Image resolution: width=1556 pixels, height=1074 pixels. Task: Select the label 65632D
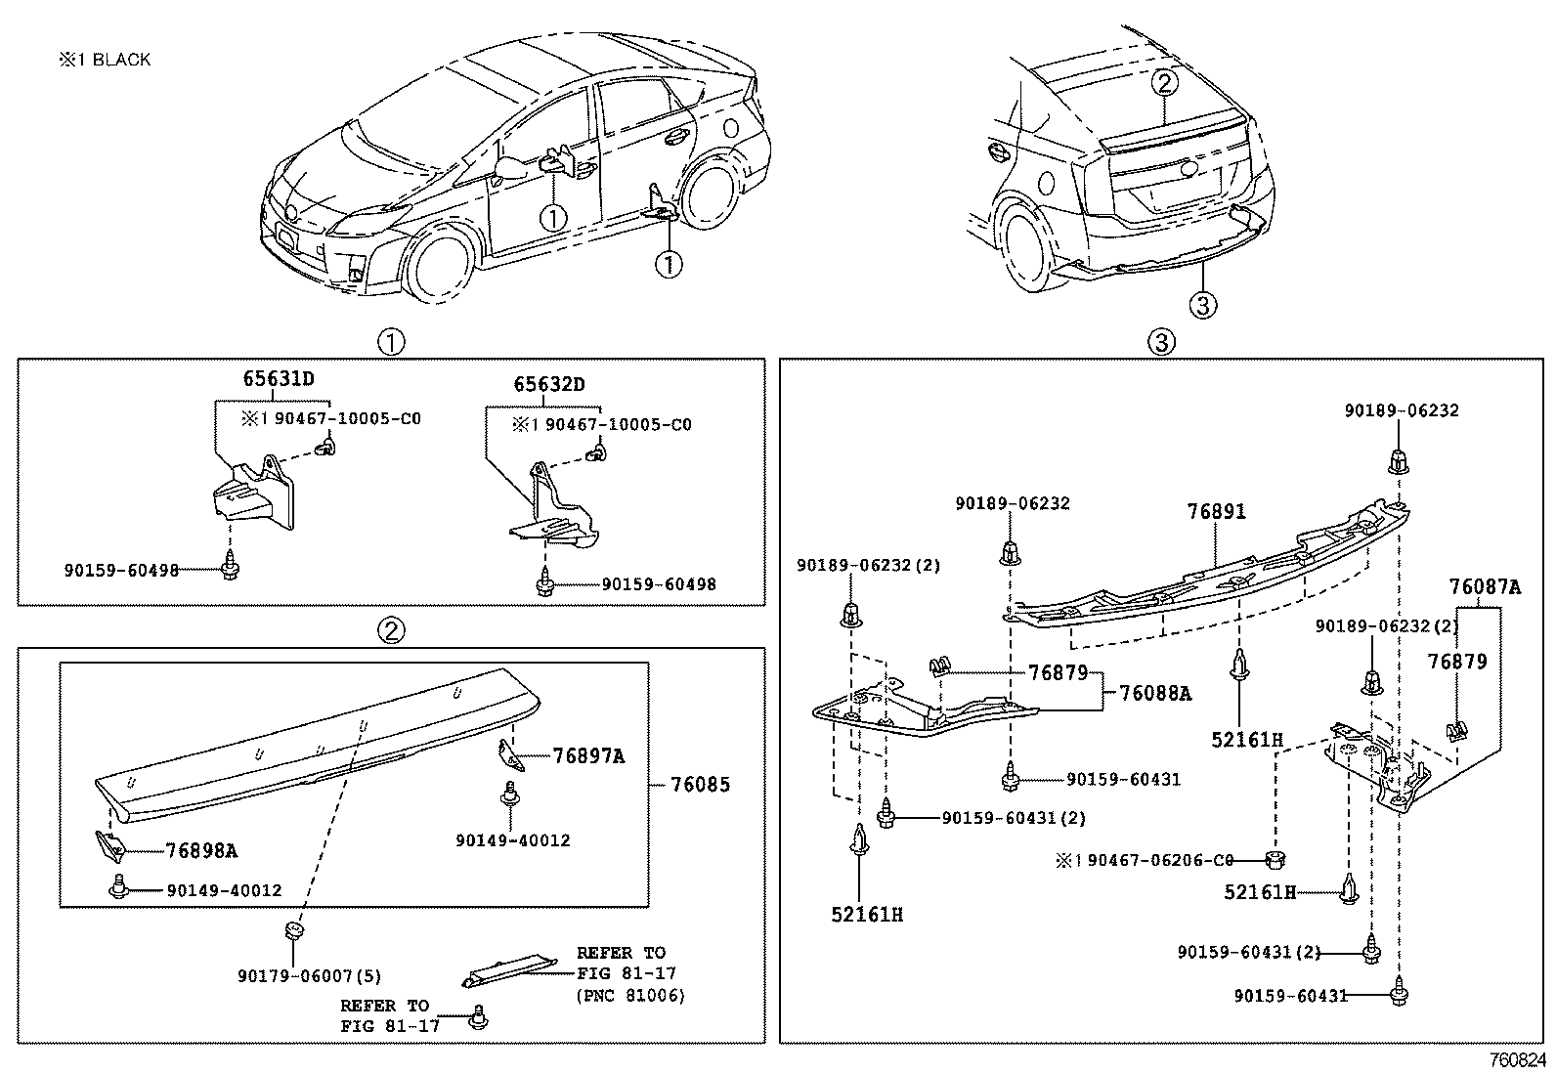(549, 385)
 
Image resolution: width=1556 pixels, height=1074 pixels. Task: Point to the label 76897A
(588, 755)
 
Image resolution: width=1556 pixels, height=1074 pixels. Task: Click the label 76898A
(201, 850)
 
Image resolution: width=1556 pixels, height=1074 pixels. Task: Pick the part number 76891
(1217, 511)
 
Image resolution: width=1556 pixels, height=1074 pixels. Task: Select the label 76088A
(1155, 693)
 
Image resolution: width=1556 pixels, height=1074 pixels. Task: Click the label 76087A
(1485, 587)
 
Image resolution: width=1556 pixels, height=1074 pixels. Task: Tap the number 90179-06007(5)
(309, 975)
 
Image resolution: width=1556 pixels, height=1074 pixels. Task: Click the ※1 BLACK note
(105, 60)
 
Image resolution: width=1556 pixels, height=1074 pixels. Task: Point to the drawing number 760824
(1517, 1059)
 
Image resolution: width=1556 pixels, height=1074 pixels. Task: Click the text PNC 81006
(630, 996)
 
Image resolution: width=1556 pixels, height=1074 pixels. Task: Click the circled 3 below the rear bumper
(1202, 306)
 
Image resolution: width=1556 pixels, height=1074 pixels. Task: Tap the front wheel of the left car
(440, 262)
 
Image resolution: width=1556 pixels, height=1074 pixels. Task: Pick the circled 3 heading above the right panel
(1160, 342)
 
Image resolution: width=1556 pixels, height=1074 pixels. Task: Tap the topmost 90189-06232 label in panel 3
(1401, 410)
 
